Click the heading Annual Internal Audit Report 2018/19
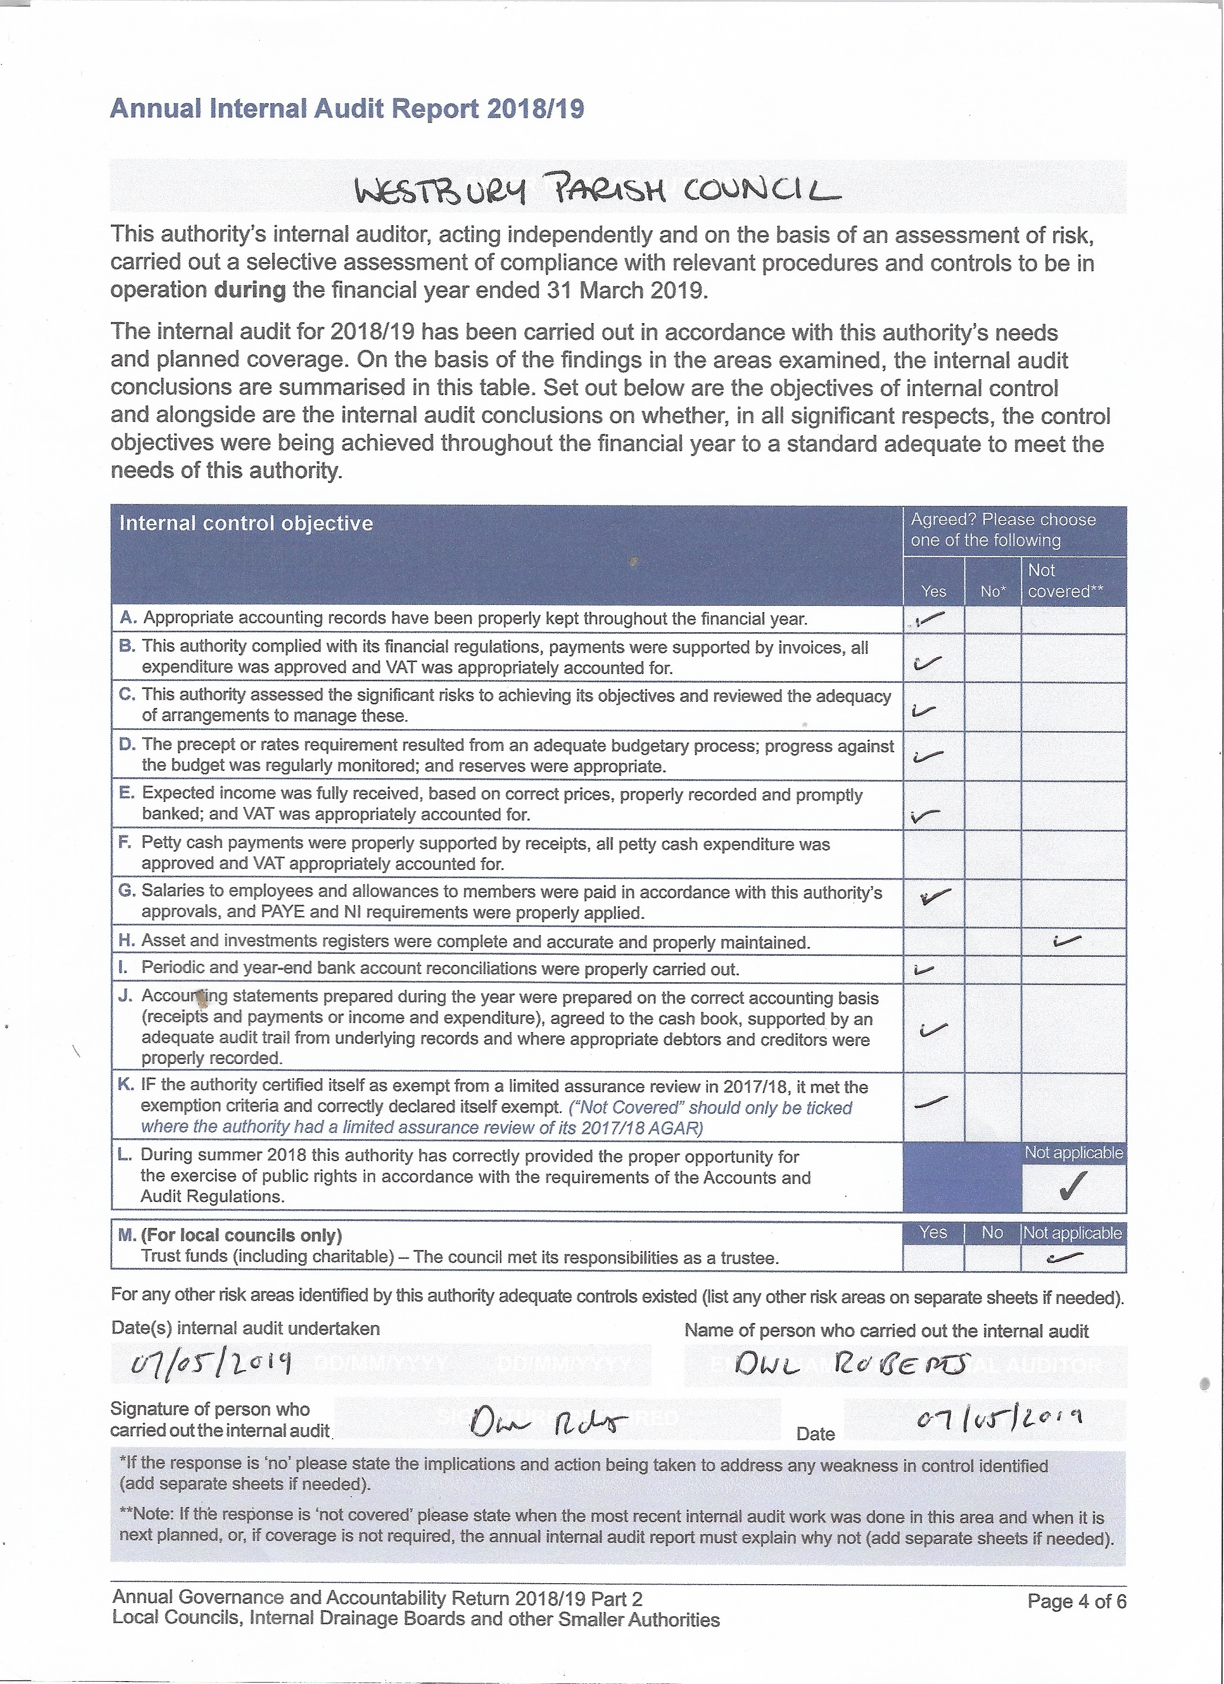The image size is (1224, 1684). [347, 109]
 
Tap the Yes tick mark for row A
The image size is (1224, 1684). [931, 618]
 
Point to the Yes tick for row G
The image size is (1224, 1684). [935, 897]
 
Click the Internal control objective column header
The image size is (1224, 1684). [246, 523]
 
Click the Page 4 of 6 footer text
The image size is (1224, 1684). [1076, 1601]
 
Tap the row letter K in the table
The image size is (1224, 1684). [125, 1085]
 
